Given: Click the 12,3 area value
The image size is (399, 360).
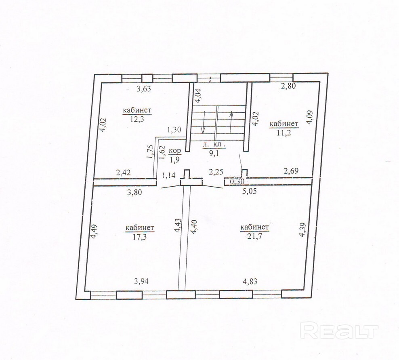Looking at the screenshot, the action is [x=137, y=119].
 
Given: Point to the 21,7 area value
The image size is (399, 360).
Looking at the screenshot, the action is [x=254, y=236].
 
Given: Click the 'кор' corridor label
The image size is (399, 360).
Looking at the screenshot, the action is [x=174, y=151].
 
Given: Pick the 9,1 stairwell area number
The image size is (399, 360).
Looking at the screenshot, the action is [x=212, y=152].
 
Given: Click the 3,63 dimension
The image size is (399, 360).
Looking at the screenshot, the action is [x=144, y=90].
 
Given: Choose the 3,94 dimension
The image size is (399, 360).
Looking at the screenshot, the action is [x=141, y=281].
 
